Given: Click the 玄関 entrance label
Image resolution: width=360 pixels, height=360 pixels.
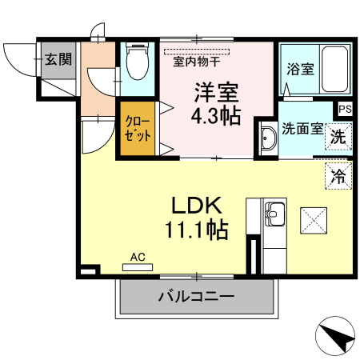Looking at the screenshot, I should click(x=58, y=58).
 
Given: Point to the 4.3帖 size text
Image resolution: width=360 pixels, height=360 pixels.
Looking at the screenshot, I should click(x=215, y=116).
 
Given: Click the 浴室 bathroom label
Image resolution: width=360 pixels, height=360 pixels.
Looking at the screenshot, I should click(x=298, y=68).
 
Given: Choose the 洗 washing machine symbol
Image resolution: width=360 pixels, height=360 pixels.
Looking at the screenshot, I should click(x=339, y=136).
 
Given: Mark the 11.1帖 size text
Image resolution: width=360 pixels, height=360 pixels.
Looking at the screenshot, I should click(x=196, y=230).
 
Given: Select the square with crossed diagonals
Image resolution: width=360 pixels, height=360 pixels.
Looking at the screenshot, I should click(x=313, y=219).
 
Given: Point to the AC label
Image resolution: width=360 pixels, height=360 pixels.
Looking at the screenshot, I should click(x=138, y=257).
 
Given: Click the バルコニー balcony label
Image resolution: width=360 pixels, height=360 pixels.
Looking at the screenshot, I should click(x=196, y=297).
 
